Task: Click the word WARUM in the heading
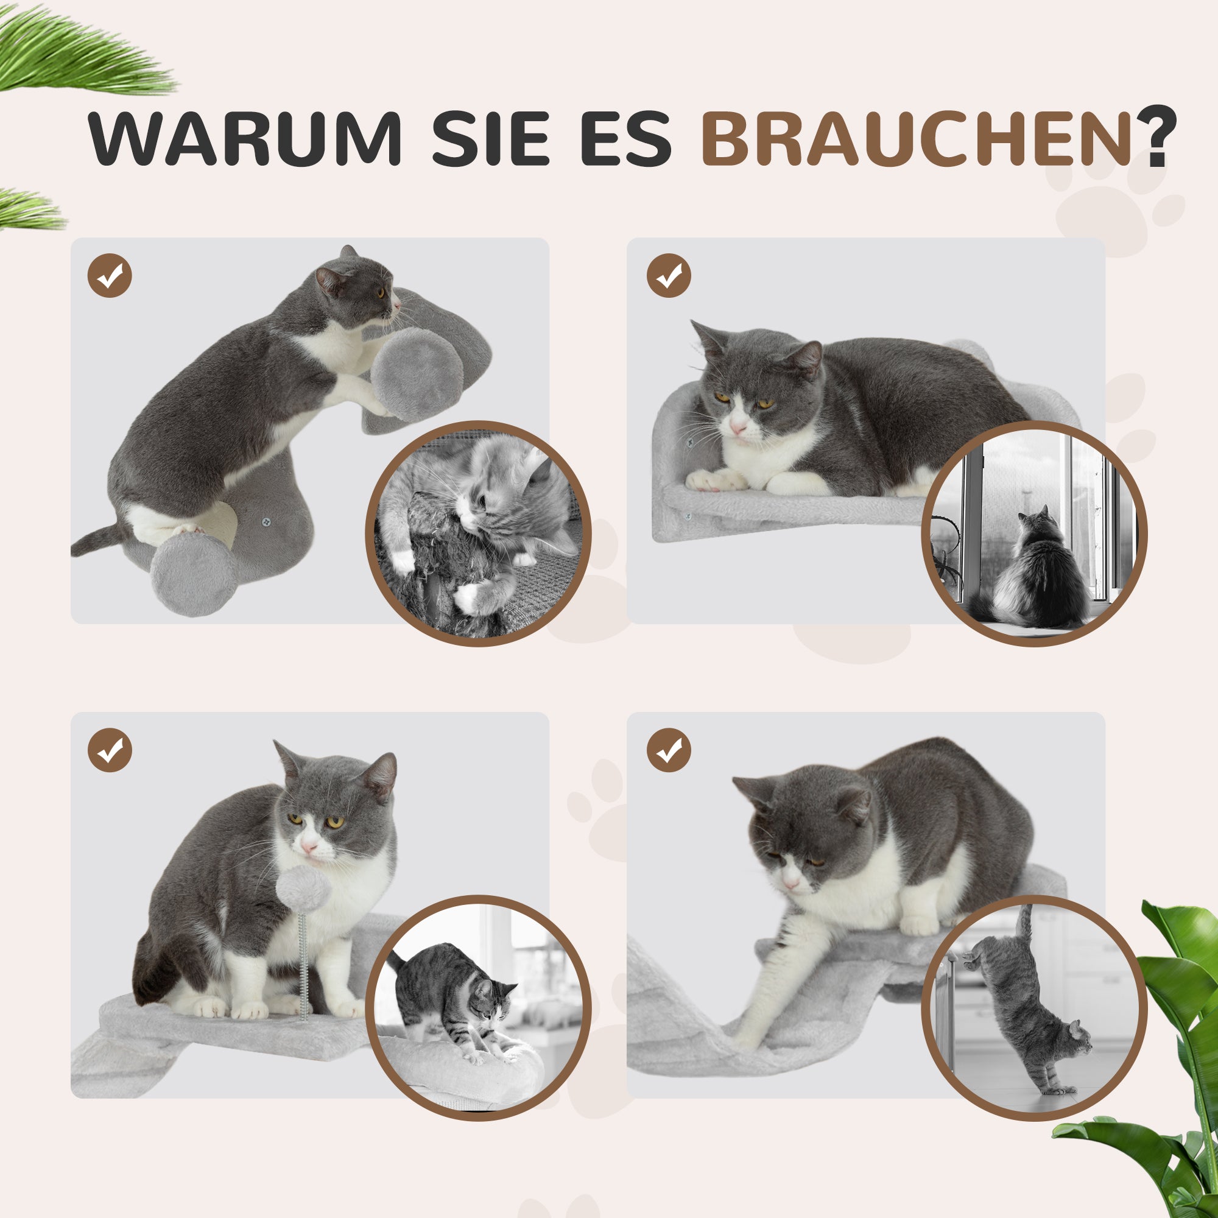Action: coord(244,139)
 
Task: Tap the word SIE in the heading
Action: coord(490,139)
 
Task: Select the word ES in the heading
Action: coord(625,139)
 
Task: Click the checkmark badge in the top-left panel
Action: coord(110,275)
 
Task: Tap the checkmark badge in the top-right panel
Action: coord(669,275)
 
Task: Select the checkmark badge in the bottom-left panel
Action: coord(110,750)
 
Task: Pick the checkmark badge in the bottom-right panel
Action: coord(669,750)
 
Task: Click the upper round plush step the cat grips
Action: coord(417,374)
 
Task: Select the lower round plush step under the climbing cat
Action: coord(194,574)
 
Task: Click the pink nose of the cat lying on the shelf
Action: coord(737,429)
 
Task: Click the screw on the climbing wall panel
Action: coord(266,521)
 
